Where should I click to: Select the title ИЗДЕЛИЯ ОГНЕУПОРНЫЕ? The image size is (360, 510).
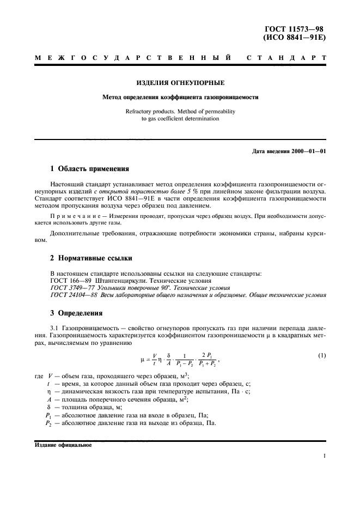pyautogui.click(x=179, y=83)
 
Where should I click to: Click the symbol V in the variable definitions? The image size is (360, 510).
pyautogui.click(x=51, y=376)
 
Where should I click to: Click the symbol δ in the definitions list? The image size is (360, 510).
pyautogui.click(x=50, y=407)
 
